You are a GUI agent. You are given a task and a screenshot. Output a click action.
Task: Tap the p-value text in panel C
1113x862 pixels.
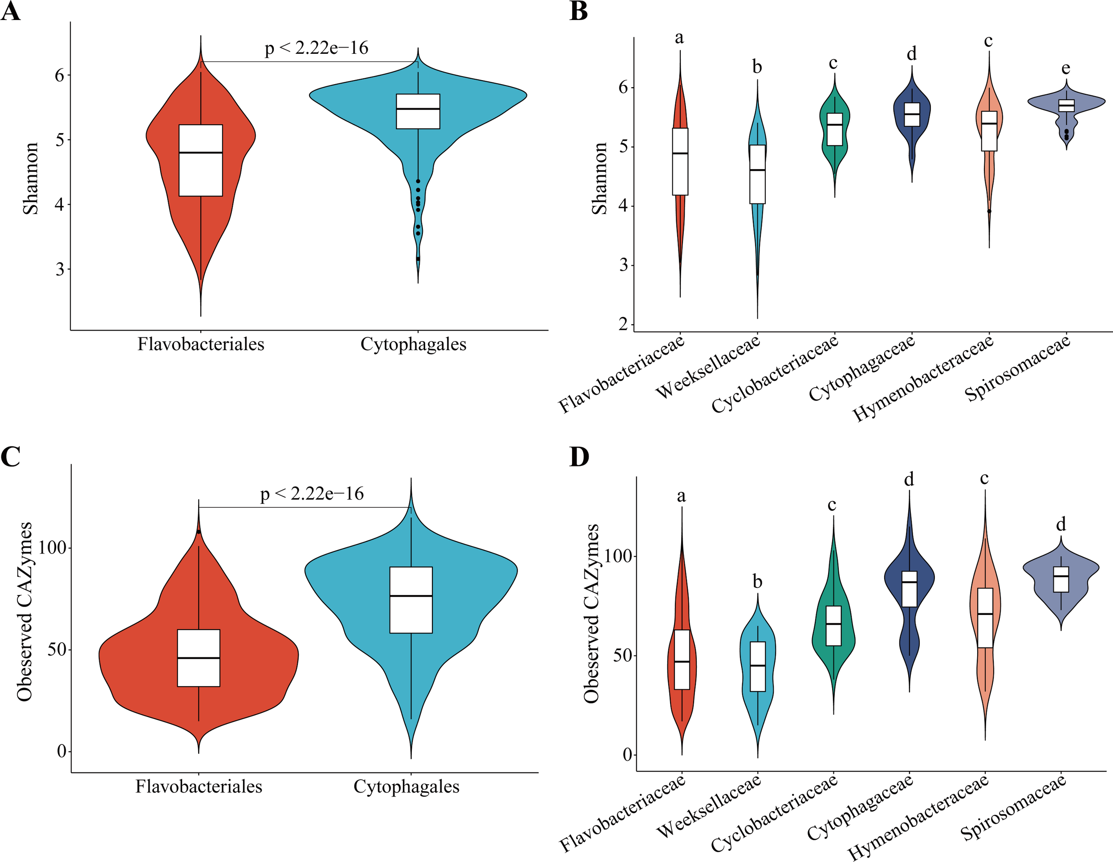pos(312,494)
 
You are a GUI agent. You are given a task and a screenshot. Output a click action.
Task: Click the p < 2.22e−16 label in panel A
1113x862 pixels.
pos(317,48)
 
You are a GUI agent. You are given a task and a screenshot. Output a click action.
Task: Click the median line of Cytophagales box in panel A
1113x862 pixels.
pos(418,109)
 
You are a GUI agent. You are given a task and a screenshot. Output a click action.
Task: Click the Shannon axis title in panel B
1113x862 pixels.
pos(600,178)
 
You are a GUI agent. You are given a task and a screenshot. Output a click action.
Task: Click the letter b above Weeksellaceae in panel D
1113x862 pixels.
pos(757,582)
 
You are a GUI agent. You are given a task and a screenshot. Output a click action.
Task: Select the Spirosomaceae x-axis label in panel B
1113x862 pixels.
pos(1018,368)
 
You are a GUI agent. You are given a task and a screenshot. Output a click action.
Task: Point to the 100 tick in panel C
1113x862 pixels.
pos(53,548)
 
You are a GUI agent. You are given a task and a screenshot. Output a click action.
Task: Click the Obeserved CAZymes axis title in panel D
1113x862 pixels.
pos(591,614)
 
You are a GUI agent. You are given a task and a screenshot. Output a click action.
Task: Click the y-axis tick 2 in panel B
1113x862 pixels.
pos(623,324)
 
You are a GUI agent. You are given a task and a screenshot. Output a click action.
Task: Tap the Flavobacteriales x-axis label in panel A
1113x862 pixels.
pos(201,344)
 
